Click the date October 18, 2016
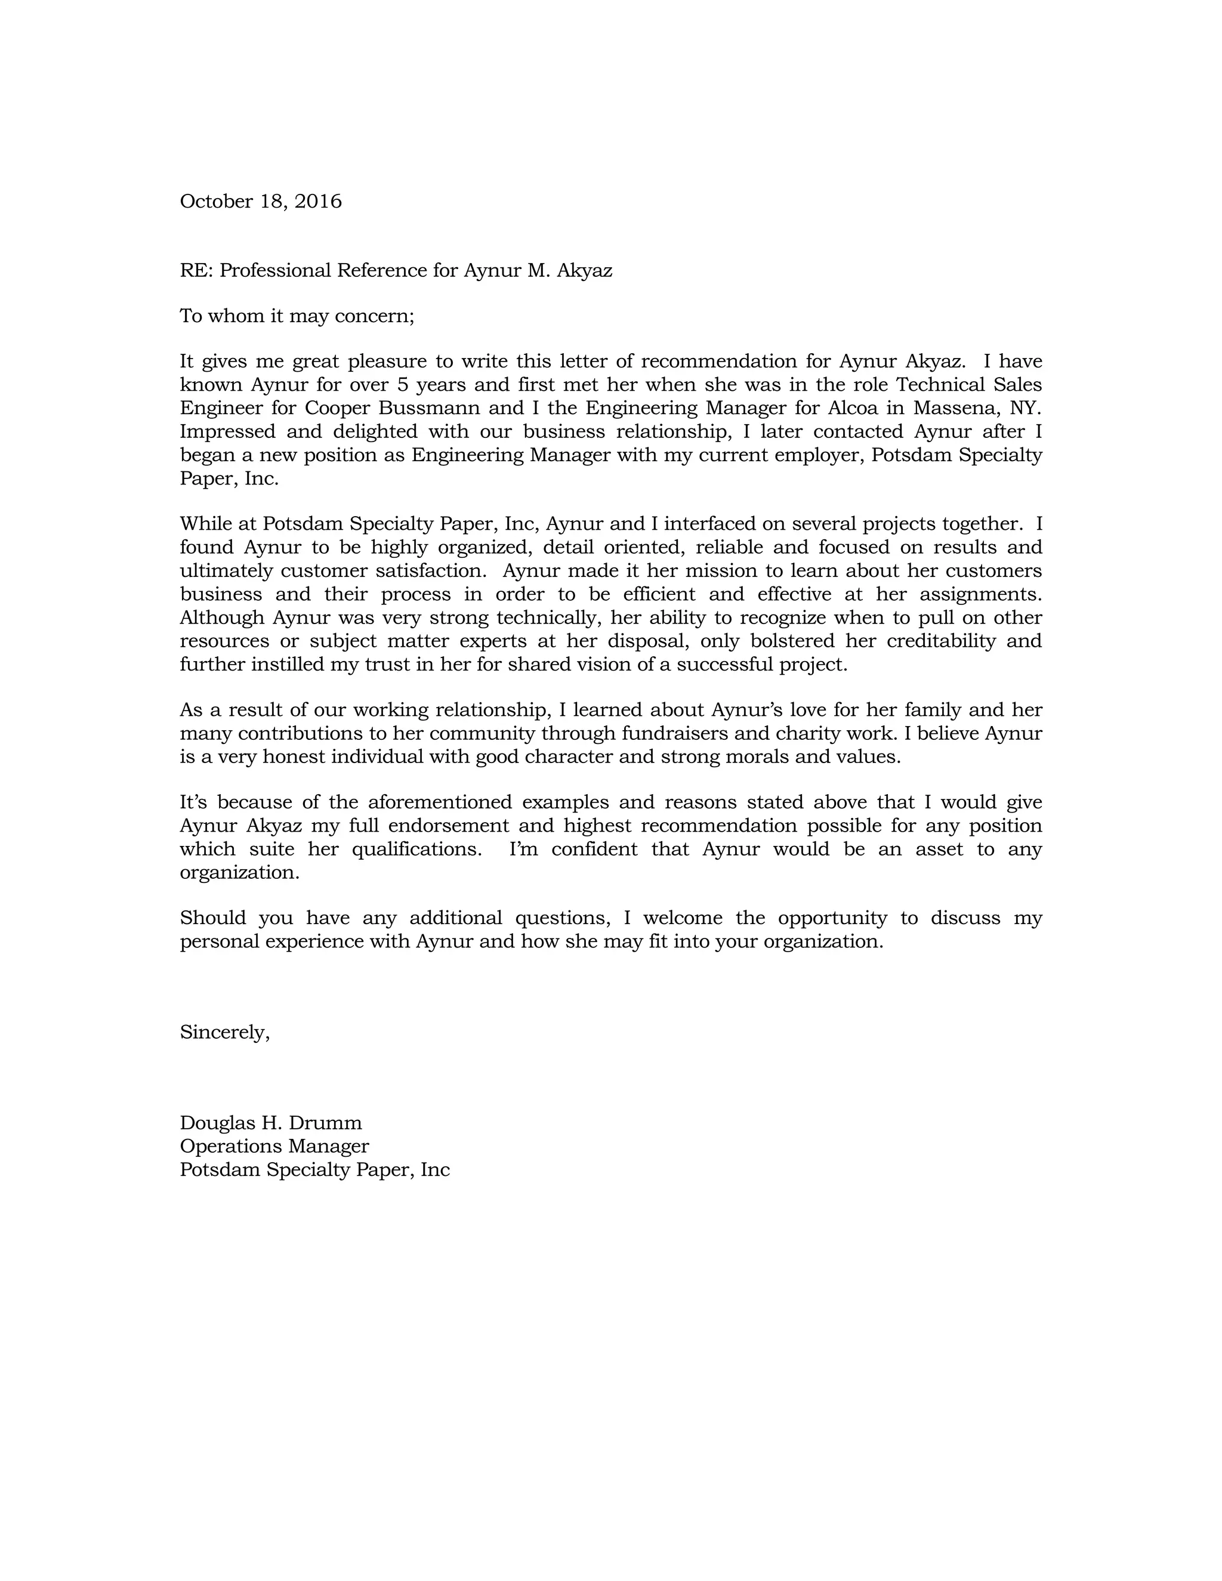click(x=261, y=201)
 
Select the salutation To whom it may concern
click(x=297, y=316)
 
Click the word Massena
click(x=956, y=408)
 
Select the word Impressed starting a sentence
click(x=227, y=432)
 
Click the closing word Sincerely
click(x=224, y=1032)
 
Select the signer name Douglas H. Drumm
click(x=271, y=1123)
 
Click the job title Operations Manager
click(x=274, y=1147)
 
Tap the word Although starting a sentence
click(x=221, y=618)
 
